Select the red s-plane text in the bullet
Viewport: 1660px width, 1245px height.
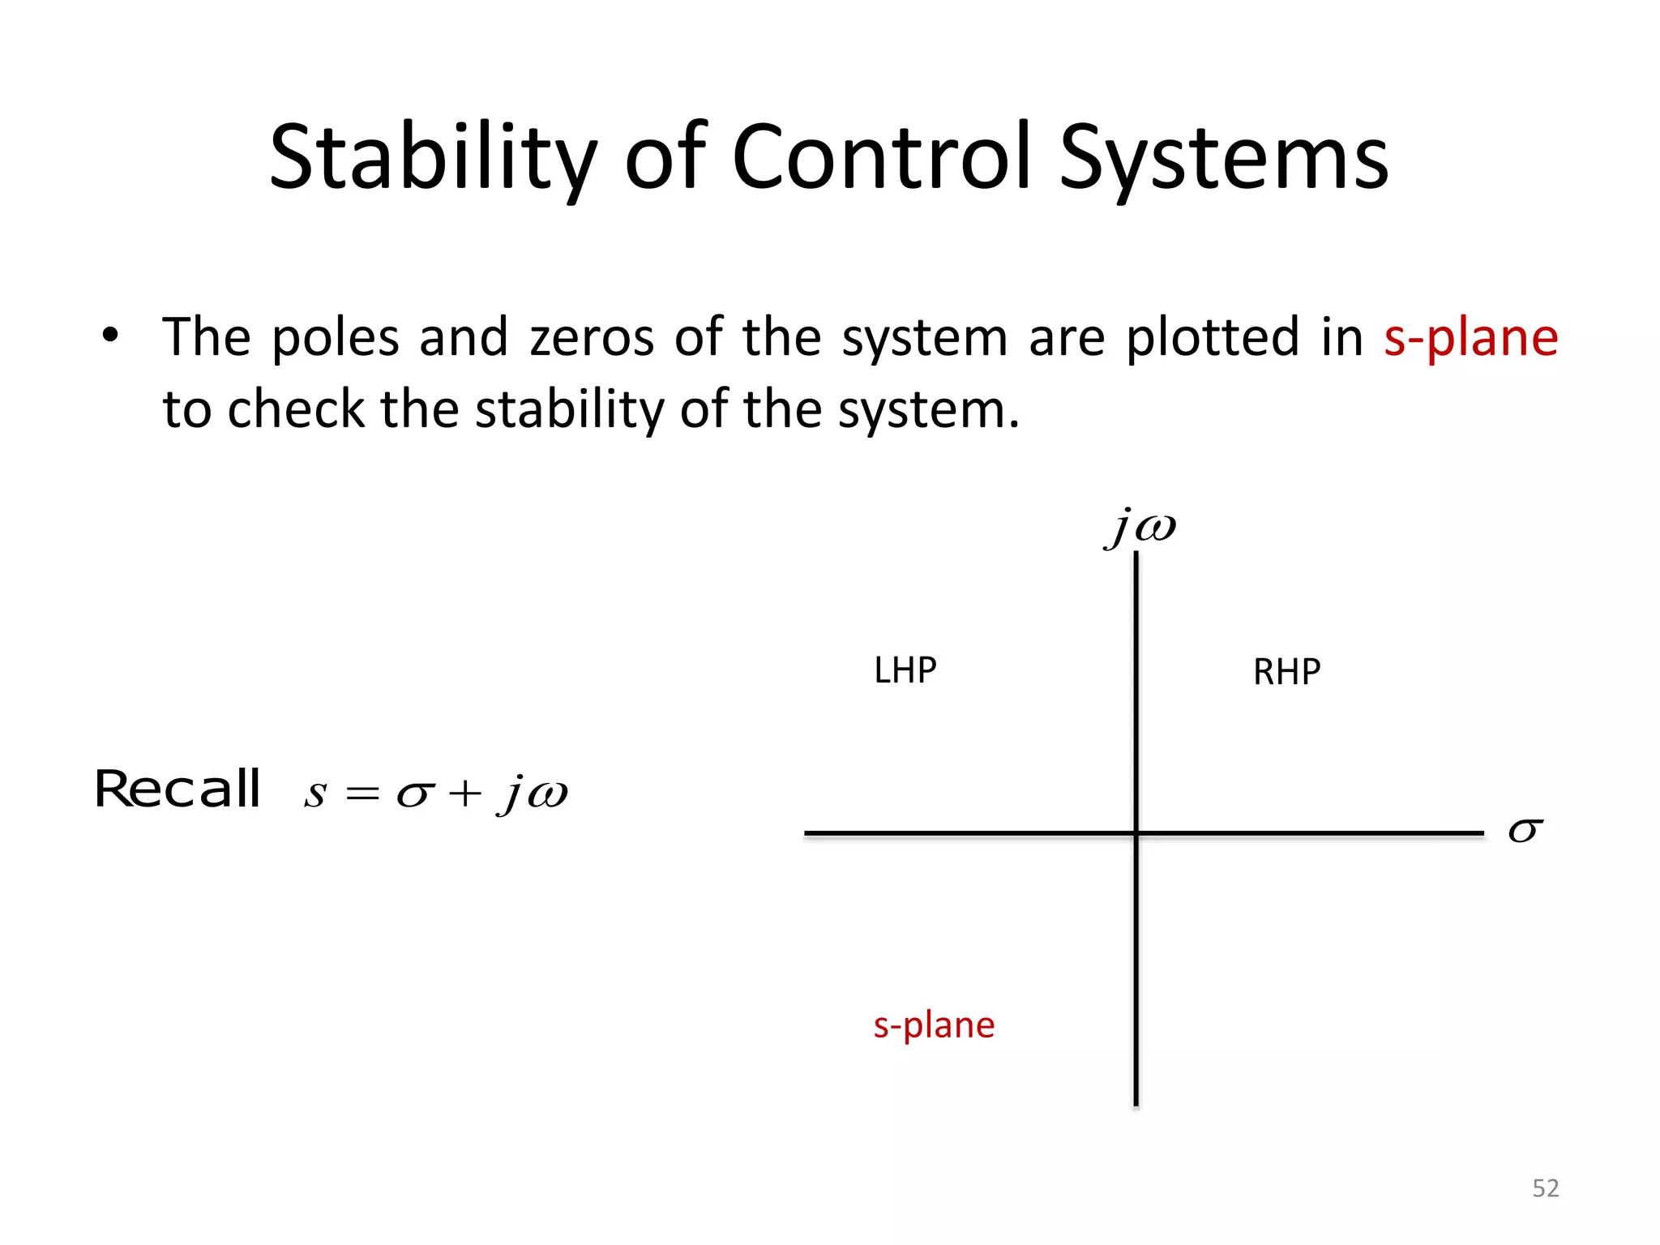pos(1470,337)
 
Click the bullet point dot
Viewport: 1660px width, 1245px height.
pos(110,335)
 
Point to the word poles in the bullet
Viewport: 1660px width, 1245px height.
pos(335,337)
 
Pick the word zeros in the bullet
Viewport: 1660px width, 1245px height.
pos(592,337)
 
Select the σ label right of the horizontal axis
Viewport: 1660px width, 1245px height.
pos(1525,831)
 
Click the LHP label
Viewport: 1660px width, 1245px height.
pos(905,670)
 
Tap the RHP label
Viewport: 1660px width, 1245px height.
pos(1286,672)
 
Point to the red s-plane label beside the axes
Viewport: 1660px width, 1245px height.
pos(934,1025)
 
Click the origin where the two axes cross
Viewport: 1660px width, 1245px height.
pos(1136,832)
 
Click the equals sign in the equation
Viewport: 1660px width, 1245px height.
pos(362,794)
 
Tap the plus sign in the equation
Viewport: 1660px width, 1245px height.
pos(465,794)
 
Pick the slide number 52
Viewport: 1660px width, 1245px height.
pos(1545,1188)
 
